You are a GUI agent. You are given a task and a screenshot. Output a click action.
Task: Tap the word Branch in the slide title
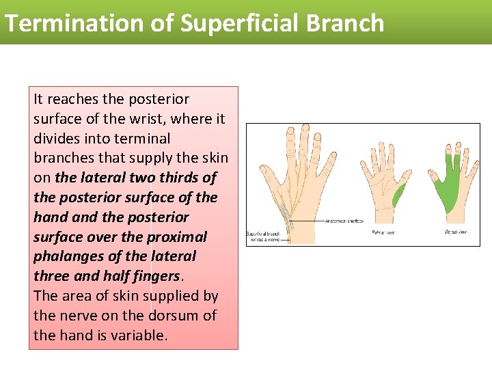coord(345,23)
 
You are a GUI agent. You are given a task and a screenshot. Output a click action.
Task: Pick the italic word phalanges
coord(64,257)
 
